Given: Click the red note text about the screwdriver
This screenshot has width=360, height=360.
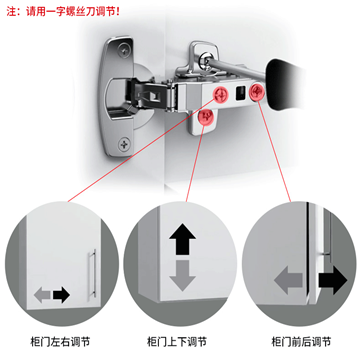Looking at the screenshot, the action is [x=63, y=12].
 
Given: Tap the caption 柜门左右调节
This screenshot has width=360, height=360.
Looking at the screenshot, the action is [x=60, y=342].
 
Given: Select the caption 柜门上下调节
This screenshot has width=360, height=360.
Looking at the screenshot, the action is [x=177, y=342].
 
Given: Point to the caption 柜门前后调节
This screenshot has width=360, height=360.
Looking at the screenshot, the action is [x=301, y=342].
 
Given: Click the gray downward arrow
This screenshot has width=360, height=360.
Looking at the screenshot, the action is [x=182, y=275].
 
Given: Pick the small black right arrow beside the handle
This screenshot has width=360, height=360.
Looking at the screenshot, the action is [x=62, y=295].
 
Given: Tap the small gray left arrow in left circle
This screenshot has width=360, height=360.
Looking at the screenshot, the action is [x=43, y=295].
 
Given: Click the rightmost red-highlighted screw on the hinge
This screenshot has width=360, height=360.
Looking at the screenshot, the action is [x=256, y=91].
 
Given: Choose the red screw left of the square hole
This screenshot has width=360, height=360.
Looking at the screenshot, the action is [x=221, y=93].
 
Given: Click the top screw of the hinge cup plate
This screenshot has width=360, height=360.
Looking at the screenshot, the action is [x=125, y=49].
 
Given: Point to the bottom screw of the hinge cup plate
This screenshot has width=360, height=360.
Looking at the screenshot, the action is [x=124, y=144].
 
